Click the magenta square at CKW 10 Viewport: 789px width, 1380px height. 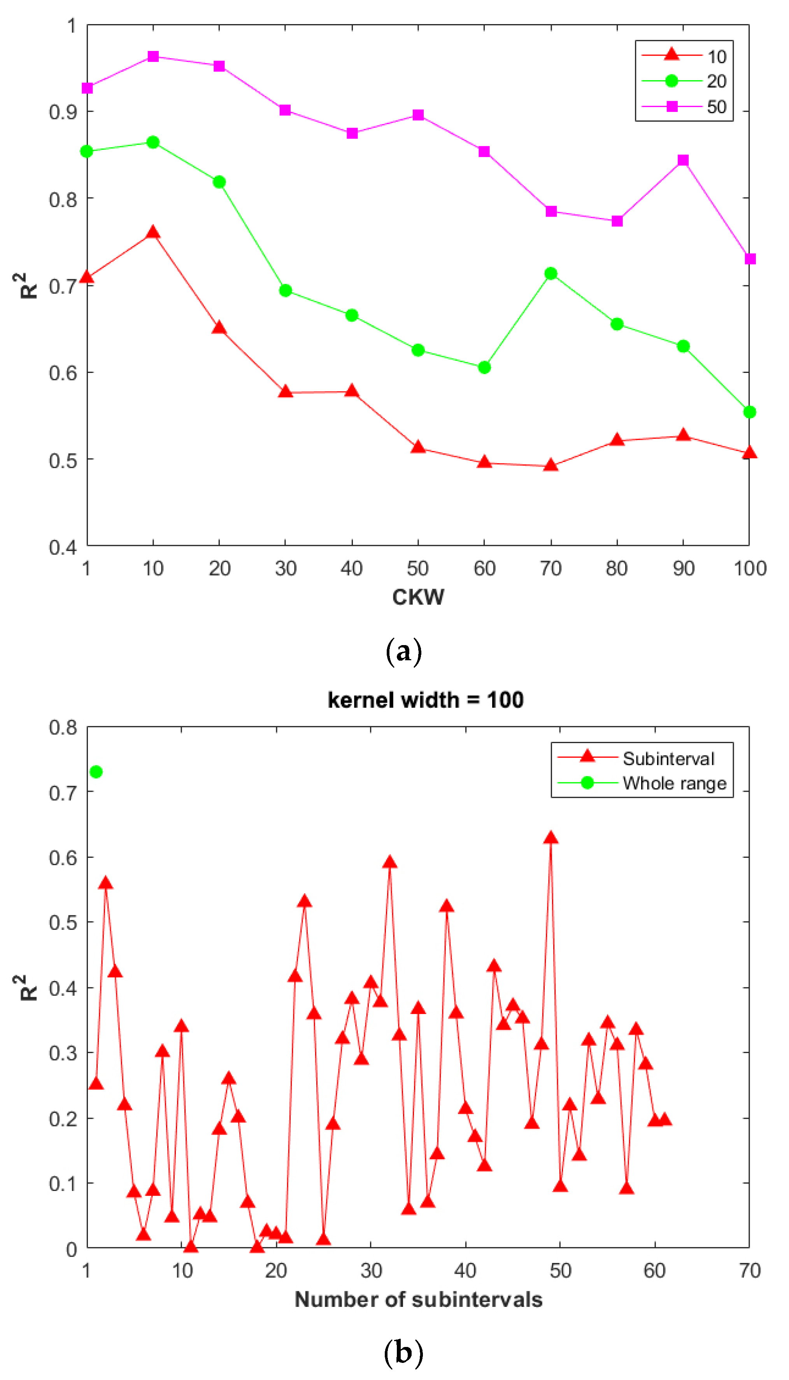pyautogui.click(x=153, y=56)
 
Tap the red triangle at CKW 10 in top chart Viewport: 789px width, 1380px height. pyautogui.click(x=153, y=233)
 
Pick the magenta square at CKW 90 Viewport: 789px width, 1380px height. pyautogui.click(x=683, y=160)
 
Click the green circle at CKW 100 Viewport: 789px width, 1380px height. pyautogui.click(x=749, y=412)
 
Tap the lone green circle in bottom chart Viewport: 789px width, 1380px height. pyautogui.click(x=96, y=772)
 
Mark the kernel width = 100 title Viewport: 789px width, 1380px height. pyautogui.click(x=425, y=700)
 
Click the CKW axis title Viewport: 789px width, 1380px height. pyautogui.click(x=418, y=597)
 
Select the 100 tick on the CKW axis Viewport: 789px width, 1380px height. pyautogui.click(x=749, y=568)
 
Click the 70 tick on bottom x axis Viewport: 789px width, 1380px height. pyautogui.click(x=749, y=1271)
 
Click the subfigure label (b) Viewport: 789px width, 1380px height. pyautogui.click(x=403, y=1353)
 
